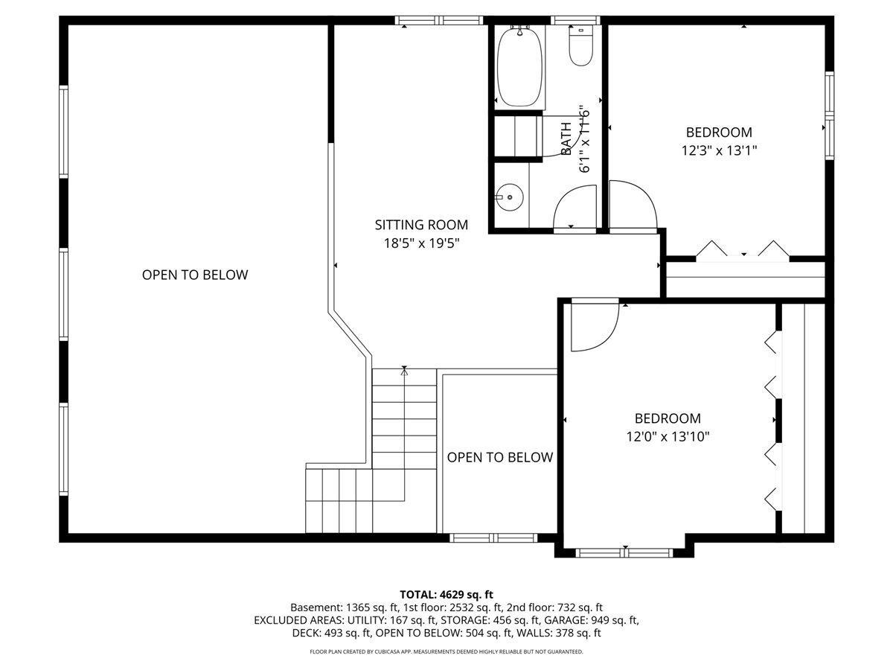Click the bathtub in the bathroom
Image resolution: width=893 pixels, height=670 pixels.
point(520,68)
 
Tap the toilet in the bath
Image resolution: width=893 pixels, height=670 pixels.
point(579,46)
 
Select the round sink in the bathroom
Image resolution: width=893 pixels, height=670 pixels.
point(510,197)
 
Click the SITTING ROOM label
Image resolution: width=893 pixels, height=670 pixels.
point(421,225)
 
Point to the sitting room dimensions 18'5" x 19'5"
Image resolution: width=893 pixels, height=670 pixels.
point(421,243)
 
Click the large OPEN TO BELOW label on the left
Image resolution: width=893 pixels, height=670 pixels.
point(195,275)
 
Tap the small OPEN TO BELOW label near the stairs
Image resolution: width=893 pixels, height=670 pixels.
point(500,457)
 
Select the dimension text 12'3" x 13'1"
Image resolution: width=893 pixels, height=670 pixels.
point(719,150)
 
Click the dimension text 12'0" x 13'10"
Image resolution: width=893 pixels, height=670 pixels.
point(668,436)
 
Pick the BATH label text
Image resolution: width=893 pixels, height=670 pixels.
point(566,138)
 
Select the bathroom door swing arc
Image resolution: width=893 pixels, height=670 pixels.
point(574,206)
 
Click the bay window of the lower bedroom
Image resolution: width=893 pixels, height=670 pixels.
point(625,552)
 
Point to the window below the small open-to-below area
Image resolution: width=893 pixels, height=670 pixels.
point(494,537)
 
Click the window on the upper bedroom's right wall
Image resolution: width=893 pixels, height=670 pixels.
point(829,115)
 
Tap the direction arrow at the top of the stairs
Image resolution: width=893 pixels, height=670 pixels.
point(404,370)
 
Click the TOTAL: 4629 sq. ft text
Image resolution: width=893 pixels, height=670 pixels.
point(446,594)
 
